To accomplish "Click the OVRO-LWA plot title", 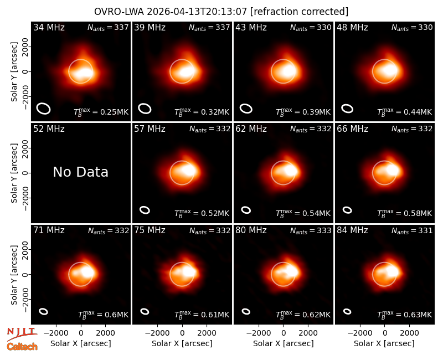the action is click(x=221, y=12).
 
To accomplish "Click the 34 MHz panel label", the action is click(x=49, y=27).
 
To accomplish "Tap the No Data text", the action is click(x=81, y=172).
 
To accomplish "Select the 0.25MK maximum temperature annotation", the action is click(x=101, y=112).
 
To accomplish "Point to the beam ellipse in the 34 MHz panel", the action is click(x=44, y=109).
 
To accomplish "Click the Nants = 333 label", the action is click(x=311, y=231).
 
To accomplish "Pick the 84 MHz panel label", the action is click(x=352, y=230).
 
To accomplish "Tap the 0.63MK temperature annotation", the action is click(x=405, y=315).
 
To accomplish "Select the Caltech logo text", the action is click(x=22, y=347).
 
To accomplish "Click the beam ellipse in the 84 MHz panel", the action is click(x=347, y=311).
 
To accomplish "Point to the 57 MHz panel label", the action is click(x=150, y=129).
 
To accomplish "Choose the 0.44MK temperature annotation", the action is click(x=405, y=112).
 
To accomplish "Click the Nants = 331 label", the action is click(x=412, y=231).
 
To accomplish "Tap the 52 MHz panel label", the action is click(x=49, y=129).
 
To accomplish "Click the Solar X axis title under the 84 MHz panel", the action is click(x=384, y=343).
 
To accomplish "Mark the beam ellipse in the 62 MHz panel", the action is click(x=246, y=210).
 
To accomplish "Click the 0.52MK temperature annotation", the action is click(x=202, y=213).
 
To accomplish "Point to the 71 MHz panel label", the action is click(x=49, y=230).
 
